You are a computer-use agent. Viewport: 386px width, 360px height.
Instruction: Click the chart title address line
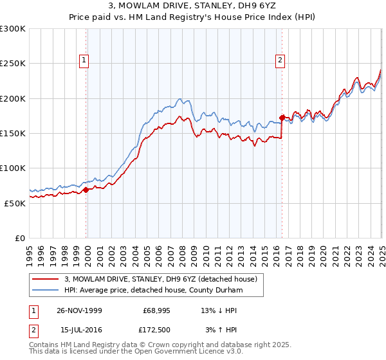click(192, 6)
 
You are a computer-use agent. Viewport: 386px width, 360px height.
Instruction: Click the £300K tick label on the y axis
click(13, 29)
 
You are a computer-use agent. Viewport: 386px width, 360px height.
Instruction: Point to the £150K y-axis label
click(13, 133)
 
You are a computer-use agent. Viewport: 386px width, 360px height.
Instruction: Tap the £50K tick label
click(15, 203)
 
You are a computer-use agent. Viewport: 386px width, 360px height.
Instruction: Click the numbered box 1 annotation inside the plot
click(85, 61)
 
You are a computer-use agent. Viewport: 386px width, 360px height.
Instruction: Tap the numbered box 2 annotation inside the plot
click(280, 61)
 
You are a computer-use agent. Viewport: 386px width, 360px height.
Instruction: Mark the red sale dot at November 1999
click(86, 190)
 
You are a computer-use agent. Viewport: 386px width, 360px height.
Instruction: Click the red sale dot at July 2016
click(282, 118)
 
